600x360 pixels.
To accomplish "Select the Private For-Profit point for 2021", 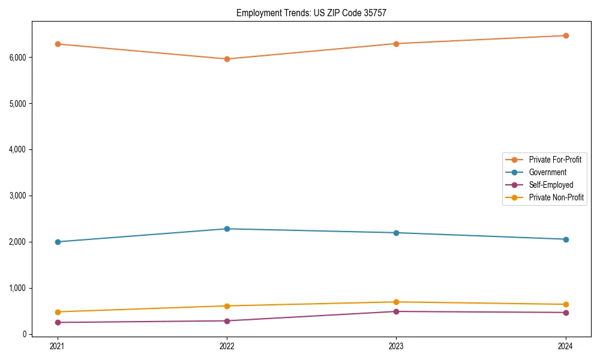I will coord(58,44).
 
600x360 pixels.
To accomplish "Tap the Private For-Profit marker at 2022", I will coord(227,59).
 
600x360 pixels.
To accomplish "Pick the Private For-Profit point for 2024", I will coord(566,35).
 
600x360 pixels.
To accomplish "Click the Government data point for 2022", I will coord(227,229).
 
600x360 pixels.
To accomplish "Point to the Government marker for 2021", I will coord(58,242).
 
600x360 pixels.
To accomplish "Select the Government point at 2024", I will coord(566,239).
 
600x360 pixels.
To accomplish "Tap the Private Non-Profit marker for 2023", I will coord(396,302).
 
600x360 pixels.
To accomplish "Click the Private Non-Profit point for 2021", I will coord(58,312).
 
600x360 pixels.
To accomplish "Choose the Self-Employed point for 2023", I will coord(396,311).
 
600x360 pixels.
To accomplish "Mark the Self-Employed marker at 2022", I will coord(227,321).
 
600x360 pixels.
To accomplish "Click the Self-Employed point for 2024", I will coord(566,313).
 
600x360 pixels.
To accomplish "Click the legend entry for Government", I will coord(547,172).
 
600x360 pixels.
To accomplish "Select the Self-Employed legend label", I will coord(551,185).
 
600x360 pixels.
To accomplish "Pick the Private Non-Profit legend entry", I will coord(556,197).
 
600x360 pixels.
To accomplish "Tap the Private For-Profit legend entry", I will coord(555,160).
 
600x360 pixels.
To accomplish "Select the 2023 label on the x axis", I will coord(396,346).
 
